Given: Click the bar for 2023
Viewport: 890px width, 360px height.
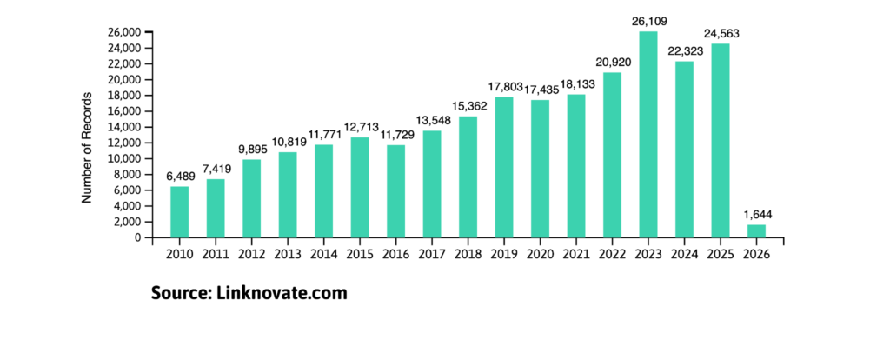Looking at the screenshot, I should point(648,135).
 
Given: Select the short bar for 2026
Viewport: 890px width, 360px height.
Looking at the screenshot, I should point(756,231).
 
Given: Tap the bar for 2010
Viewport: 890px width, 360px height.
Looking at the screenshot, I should point(179,212).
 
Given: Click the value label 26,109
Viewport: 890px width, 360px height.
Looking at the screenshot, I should point(648,19).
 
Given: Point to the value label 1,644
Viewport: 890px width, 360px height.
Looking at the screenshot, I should point(756,213).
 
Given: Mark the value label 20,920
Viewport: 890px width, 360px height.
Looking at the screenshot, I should point(612,61).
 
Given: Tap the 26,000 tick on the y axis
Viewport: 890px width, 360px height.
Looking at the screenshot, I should point(123,32).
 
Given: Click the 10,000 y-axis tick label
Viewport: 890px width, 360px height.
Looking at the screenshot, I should point(123,159).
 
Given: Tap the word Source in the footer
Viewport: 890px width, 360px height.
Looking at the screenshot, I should point(178,293).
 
